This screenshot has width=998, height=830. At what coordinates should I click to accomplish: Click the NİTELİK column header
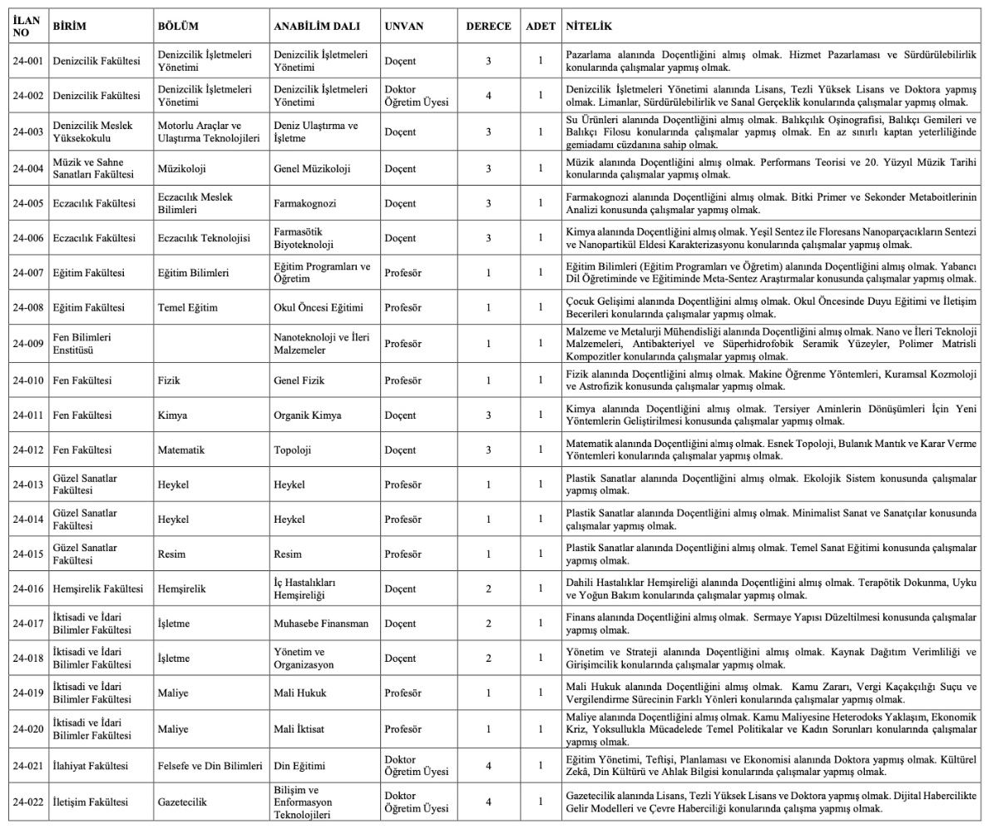pyautogui.click(x=589, y=27)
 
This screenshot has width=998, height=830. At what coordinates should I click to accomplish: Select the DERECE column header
pyautogui.click(x=488, y=27)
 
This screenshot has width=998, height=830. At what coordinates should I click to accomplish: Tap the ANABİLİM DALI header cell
pyautogui.click(x=317, y=27)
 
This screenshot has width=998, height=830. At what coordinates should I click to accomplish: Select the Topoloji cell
pyautogui.click(x=292, y=450)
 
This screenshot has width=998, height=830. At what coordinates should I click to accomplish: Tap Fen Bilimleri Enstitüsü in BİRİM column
pyautogui.click(x=82, y=344)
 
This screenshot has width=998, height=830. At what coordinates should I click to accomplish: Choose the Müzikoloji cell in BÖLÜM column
pyautogui.click(x=182, y=169)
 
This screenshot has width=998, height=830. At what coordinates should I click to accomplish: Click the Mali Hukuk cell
pyautogui.click(x=300, y=693)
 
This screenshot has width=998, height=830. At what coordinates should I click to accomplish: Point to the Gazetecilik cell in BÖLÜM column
pyautogui.click(x=182, y=803)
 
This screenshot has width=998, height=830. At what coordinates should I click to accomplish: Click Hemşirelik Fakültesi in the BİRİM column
pyautogui.click(x=98, y=589)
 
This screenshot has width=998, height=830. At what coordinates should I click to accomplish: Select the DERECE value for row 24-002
pyautogui.click(x=488, y=96)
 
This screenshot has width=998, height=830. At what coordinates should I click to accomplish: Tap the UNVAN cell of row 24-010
pyautogui.click(x=403, y=380)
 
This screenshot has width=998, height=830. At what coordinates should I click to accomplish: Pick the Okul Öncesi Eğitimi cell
pyautogui.click(x=319, y=308)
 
